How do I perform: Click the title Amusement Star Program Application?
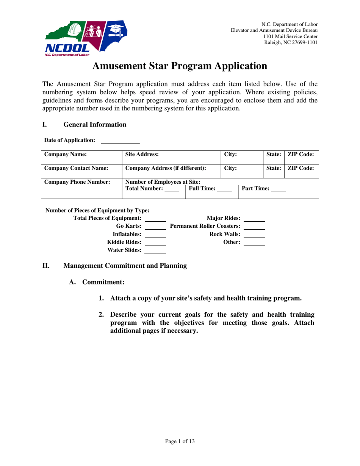(180, 66)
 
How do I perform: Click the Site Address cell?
(171, 157)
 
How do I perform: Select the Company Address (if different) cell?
(171, 171)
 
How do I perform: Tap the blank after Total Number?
(172, 189)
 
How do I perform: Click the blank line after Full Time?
(224, 189)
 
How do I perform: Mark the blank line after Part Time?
(279, 189)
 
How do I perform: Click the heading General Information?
(95, 125)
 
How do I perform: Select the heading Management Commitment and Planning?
(125, 266)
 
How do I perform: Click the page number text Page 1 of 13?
(180, 441)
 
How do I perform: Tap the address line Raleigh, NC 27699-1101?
(291, 42)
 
